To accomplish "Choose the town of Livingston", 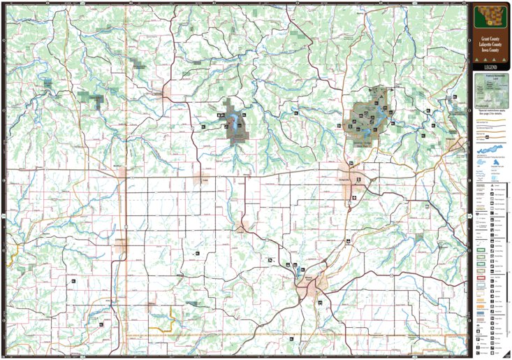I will [x=122, y=245].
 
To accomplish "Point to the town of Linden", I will [x=243, y=227].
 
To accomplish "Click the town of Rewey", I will [x=150, y=305].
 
